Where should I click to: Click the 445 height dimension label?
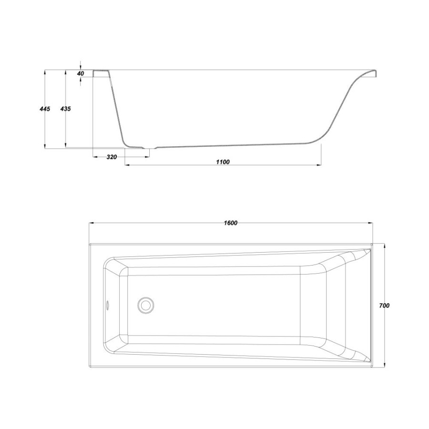(45, 109)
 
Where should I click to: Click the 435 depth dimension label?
(65, 109)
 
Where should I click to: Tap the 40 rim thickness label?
(81, 73)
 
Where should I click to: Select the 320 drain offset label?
(112, 157)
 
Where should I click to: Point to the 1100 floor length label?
(223, 162)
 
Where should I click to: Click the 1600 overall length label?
(231, 223)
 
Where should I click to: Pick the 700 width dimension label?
(384, 306)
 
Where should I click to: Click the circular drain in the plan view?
(145, 305)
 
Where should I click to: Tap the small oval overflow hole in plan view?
(108, 305)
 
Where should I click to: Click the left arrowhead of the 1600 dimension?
(92, 223)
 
